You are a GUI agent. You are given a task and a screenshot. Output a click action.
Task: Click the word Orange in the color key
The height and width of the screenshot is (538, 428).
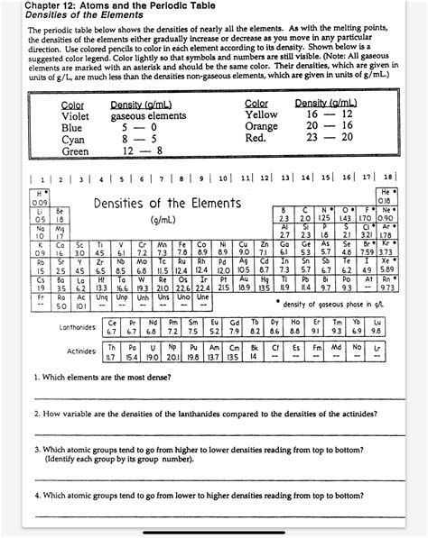point(262,126)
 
